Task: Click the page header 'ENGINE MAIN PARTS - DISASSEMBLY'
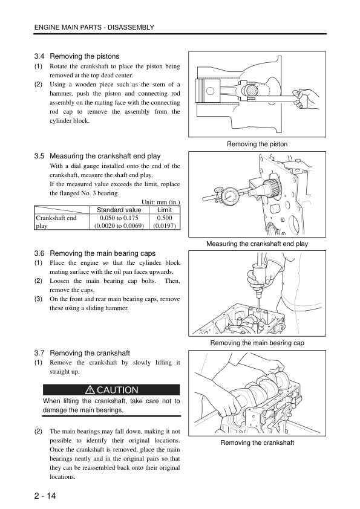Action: (x=94, y=27)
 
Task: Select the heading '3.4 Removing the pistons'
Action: (x=77, y=56)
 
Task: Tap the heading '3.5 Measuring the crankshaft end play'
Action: (x=97, y=156)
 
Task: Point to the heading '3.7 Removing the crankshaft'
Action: (x=82, y=353)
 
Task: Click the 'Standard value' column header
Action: (x=119, y=210)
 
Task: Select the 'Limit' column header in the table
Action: (x=165, y=210)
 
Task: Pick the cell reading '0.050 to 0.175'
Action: (x=119, y=218)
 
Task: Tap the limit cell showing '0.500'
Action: (x=165, y=218)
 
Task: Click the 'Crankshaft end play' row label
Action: (x=56, y=222)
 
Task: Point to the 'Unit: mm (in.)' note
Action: (x=160, y=202)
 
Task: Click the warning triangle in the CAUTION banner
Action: (x=90, y=390)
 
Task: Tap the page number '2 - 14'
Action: (x=45, y=496)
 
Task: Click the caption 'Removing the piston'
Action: (x=257, y=144)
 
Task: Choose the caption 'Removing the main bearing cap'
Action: (x=257, y=343)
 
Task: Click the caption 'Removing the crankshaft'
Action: (x=257, y=443)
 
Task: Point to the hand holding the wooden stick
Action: (x=306, y=97)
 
